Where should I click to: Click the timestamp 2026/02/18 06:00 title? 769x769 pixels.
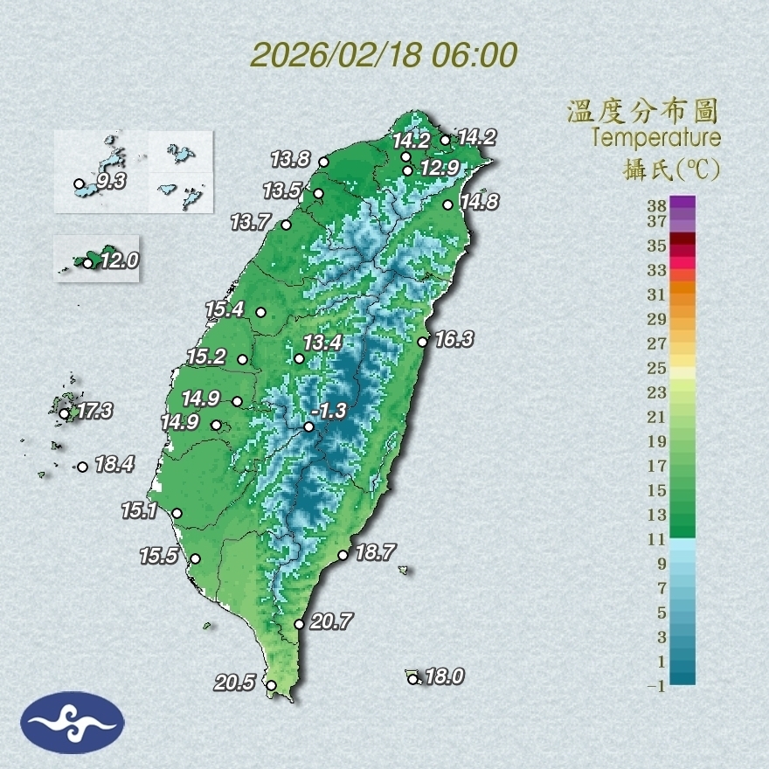tap(384, 55)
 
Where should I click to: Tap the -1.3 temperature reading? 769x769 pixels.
tap(334, 411)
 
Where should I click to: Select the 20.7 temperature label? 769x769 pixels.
tap(331, 622)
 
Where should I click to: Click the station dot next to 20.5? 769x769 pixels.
tap(272, 686)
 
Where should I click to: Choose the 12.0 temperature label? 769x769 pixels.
tap(119, 260)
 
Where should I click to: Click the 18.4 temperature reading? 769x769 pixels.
tap(114, 465)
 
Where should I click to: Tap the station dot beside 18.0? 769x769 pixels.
tap(413, 679)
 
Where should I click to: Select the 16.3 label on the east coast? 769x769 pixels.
tap(454, 339)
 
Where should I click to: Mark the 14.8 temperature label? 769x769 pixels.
tap(480, 202)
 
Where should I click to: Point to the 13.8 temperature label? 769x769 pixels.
tap(290, 159)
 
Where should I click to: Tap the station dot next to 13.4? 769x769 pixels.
tap(299, 359)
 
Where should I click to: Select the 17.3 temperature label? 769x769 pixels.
tap(94, 410)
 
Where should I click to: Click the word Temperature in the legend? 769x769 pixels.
tap(655, 138)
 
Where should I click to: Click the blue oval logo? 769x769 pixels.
tap(72, 723)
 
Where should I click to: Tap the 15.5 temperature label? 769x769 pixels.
tap(158, 555)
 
